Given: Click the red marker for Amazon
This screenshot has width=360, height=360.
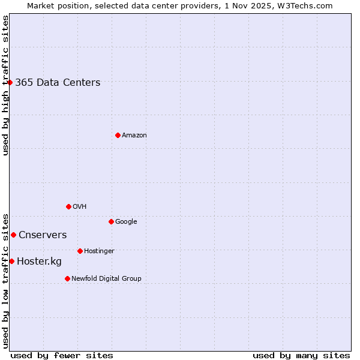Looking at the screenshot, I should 118,135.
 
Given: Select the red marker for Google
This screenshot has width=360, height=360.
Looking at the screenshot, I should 111,221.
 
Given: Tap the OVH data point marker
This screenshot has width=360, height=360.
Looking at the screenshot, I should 68,206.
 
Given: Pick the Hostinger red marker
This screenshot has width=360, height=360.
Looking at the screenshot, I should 80,251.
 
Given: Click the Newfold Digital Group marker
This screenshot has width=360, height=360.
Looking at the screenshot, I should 67,278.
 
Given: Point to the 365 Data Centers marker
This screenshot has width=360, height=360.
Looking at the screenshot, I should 10,82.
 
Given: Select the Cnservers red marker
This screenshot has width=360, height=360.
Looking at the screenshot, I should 13,235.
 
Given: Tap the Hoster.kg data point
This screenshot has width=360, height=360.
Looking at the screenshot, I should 11,261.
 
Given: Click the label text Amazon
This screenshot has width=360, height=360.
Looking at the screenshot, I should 134,136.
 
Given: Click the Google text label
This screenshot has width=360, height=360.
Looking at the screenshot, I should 126,222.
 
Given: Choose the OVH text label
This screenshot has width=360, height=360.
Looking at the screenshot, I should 80,207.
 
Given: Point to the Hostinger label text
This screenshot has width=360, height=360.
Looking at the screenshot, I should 99,251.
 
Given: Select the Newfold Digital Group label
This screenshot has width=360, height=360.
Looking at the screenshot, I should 106,279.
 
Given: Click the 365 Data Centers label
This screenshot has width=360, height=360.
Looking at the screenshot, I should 58,83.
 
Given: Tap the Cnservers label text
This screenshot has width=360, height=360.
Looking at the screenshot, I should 43,235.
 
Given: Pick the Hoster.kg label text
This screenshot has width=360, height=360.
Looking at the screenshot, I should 39,262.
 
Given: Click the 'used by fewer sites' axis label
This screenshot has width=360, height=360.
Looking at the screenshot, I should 62,355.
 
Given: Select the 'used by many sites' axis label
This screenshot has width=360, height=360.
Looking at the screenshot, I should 301,355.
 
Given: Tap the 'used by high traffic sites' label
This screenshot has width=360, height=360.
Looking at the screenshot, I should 5,85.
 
